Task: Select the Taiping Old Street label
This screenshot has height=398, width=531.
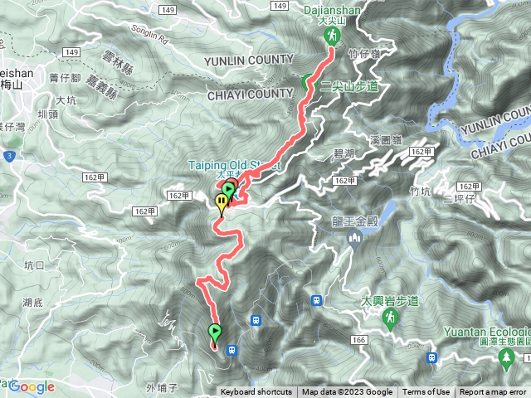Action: [235, 165]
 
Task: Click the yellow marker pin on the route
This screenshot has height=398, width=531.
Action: [222, 203]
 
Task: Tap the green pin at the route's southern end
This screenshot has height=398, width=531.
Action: [215, 333]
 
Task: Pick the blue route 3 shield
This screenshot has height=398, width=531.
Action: [7, 155]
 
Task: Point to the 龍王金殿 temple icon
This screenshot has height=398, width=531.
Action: [354, 240]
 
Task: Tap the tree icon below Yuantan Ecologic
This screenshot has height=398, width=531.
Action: [504, 357]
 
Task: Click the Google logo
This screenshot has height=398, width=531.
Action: [32, 386]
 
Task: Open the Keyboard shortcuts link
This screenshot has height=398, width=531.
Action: [256, 392]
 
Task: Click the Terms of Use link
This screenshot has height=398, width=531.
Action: [426, 392]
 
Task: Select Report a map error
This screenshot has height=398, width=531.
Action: [494, 392]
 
